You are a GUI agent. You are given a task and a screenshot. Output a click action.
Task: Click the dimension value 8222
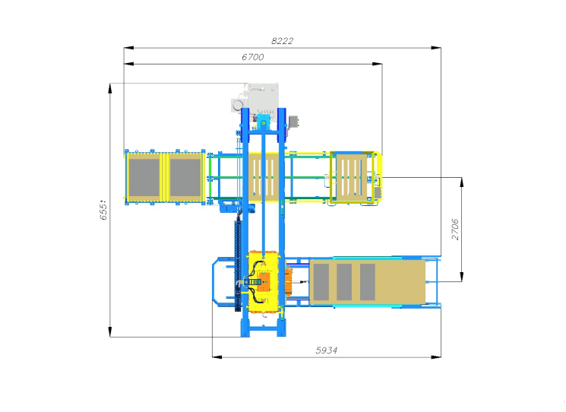tap(282, 41)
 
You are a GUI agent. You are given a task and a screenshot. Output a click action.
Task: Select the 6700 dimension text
tap(253, 57)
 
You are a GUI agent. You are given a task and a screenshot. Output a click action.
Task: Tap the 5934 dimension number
tap(327, 350)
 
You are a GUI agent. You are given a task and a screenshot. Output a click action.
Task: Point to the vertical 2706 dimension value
tap(455, 229)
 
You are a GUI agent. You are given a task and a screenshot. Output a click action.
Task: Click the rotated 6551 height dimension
tap(103, 210)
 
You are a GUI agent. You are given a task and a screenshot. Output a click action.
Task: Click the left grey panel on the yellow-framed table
tap(144, 178)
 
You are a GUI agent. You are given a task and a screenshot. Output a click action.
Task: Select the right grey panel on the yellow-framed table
tap(185, 178)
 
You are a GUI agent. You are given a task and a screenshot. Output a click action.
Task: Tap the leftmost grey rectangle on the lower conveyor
tap(321, 282)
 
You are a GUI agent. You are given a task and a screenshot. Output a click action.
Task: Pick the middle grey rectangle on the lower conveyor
tap(344, 282)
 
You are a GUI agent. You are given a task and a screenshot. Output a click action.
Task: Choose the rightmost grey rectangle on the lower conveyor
tap(368, 282)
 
